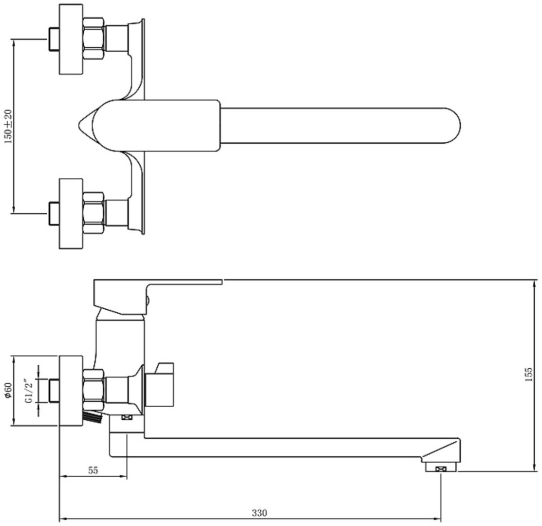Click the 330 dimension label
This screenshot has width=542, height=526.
[259, 513]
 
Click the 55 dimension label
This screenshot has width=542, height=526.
[93, 470]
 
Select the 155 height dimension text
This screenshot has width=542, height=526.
[528, 374]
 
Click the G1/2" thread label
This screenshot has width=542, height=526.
[29, 391]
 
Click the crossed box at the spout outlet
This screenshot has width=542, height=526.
[441, 469]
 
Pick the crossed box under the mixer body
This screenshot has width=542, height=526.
[127, 417]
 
